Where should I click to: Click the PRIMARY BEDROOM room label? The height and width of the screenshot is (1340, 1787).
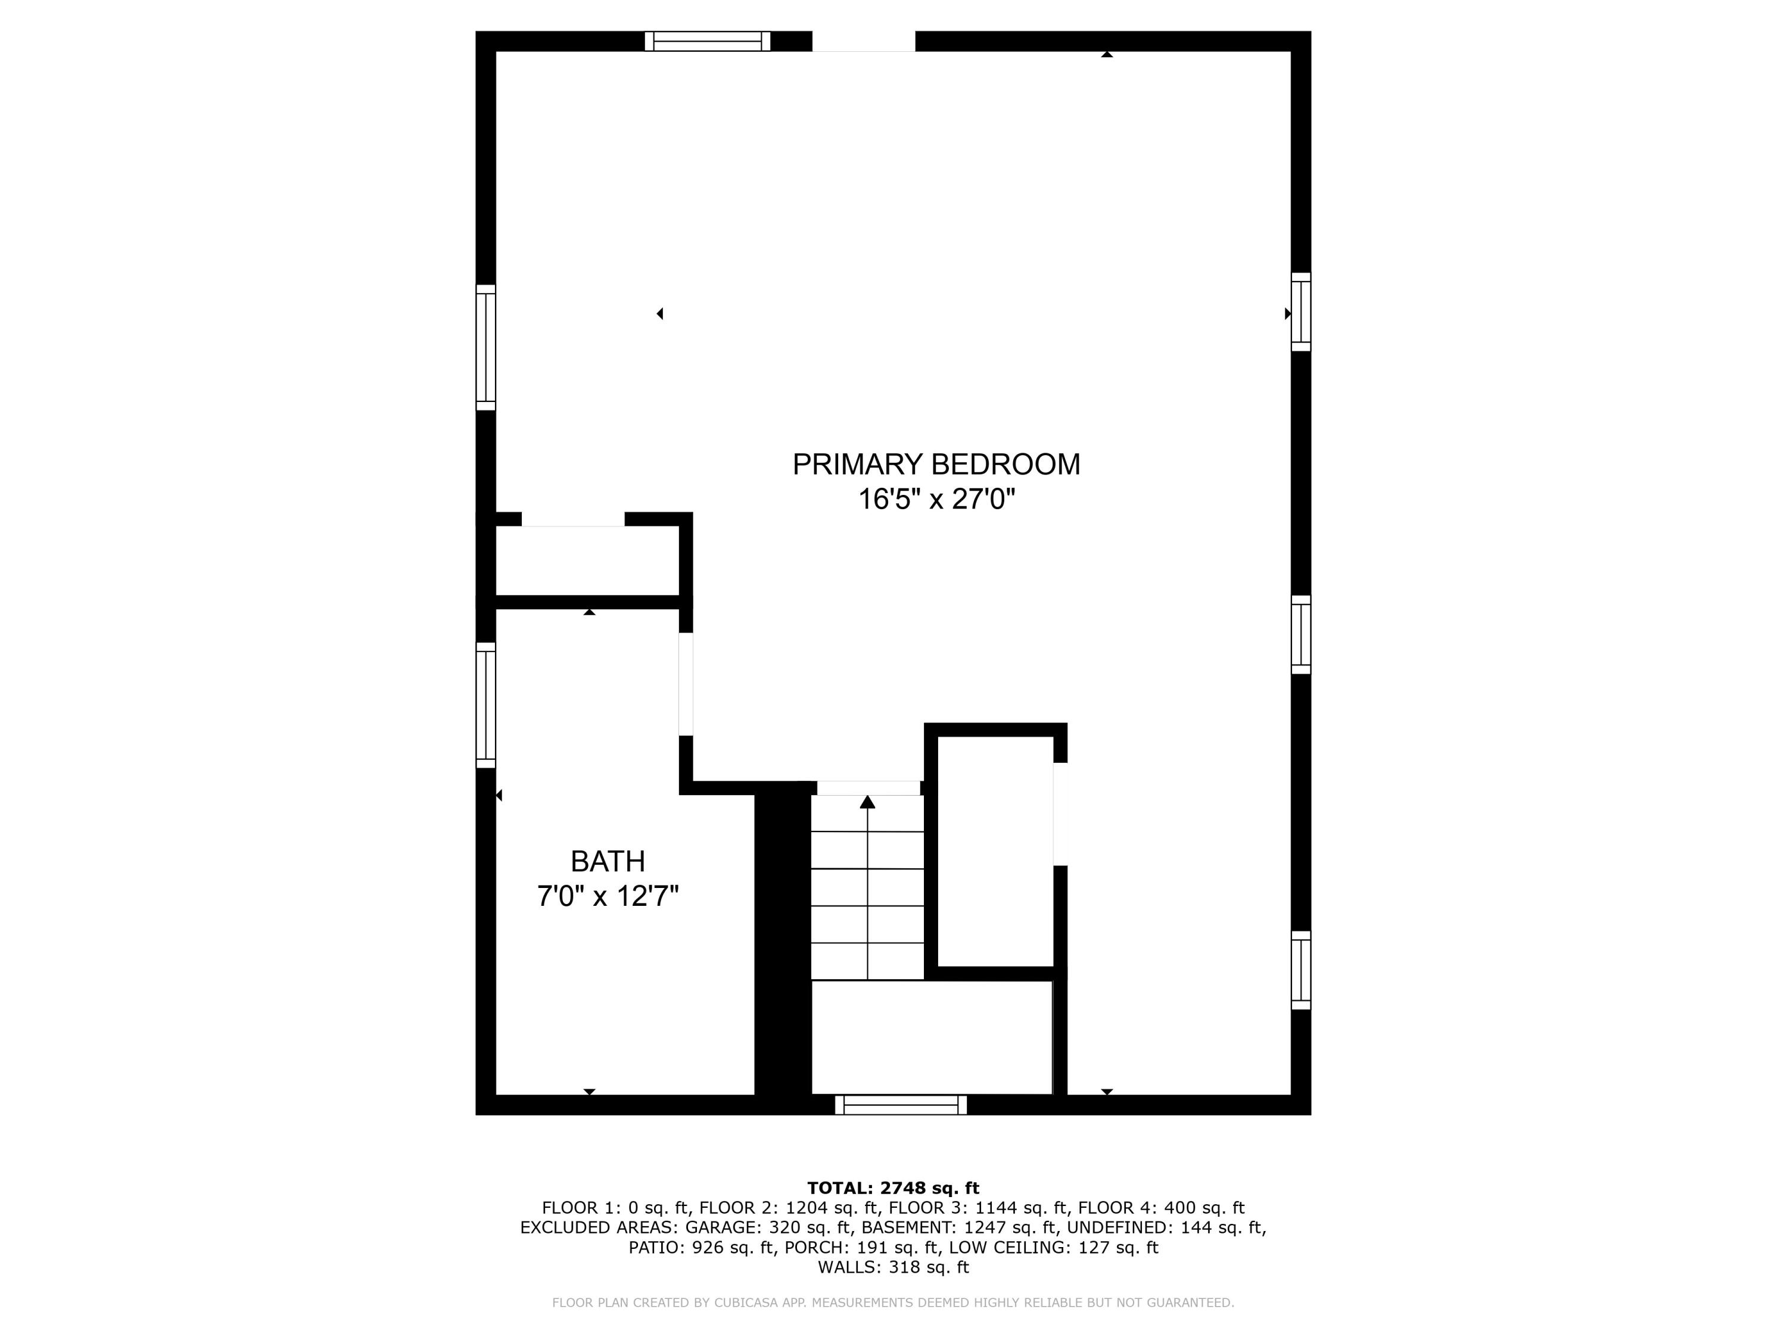(x=936, y=465)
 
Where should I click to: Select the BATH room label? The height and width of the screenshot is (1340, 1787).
(x=608, y=862)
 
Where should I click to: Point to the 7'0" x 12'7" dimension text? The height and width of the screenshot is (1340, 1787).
(x=608, y=896)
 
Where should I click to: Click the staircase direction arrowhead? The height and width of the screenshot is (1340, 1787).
(x=867, y=802)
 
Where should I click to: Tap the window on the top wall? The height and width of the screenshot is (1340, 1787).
(x=707, y=41)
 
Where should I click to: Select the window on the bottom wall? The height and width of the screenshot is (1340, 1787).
(x=901, y=1105)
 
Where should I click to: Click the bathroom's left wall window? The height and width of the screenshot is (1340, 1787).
(x=485, y=705)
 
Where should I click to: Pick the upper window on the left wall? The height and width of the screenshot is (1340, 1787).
(x=485, y=347)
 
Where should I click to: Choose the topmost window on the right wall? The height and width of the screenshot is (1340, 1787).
(x=1301, y=312)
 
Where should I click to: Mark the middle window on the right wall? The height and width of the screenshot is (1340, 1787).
(x=1301, y=634)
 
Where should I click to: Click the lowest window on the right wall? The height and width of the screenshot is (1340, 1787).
(x=1301, y=970)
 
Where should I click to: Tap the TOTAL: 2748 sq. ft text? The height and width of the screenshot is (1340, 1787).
(x=893, y=1188)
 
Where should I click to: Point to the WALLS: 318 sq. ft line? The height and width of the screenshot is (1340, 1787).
(x=893, y=1267)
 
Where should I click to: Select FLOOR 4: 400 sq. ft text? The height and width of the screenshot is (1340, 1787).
(x=1161, y=1208)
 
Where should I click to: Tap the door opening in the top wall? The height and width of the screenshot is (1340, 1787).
(x=864, y=41)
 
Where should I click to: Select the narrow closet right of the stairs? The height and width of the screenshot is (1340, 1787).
(x=995, y=851)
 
